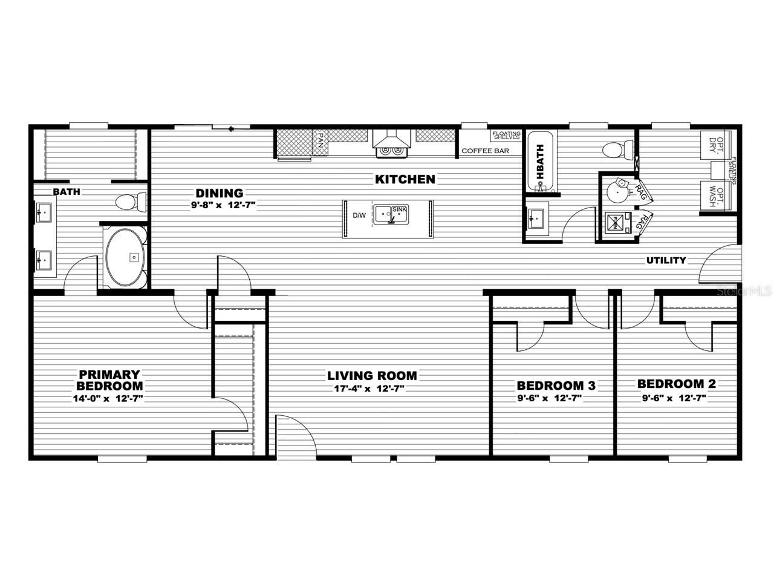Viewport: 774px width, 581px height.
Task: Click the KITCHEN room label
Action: click(x=405, y=179)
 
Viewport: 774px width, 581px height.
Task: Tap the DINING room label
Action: click(x=219, y=193)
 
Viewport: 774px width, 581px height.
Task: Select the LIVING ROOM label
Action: click(x=372, y=376)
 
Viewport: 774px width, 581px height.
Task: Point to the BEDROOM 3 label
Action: click(x=556, y=386)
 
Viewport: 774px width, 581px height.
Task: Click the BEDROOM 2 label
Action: click(x=676, y=384)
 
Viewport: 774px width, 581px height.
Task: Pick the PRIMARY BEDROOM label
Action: click(x=109, y=380)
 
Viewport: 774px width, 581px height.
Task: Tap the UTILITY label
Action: click(x=666, y=260)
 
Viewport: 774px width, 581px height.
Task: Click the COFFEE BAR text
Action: click(x=485, y=151)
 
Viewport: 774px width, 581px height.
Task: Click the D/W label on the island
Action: click(x=359, y=215)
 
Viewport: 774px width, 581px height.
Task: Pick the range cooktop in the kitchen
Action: click(x=391, y=151)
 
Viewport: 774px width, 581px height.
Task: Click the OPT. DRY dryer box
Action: click(x=714, y=144)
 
